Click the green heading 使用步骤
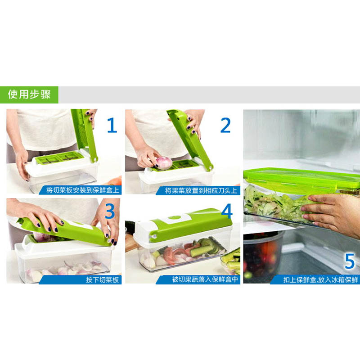29,94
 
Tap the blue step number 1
112,125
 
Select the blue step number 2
225,125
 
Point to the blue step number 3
110,211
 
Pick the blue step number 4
227,211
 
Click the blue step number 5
350,261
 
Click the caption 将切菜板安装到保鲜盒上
83,190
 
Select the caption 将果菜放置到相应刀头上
201,190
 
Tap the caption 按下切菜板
103,279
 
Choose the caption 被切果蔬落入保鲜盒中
205,279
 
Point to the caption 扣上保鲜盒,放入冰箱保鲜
320,279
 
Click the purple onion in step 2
164,163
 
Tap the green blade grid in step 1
60,158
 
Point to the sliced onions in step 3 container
67,269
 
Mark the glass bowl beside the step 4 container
231,262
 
